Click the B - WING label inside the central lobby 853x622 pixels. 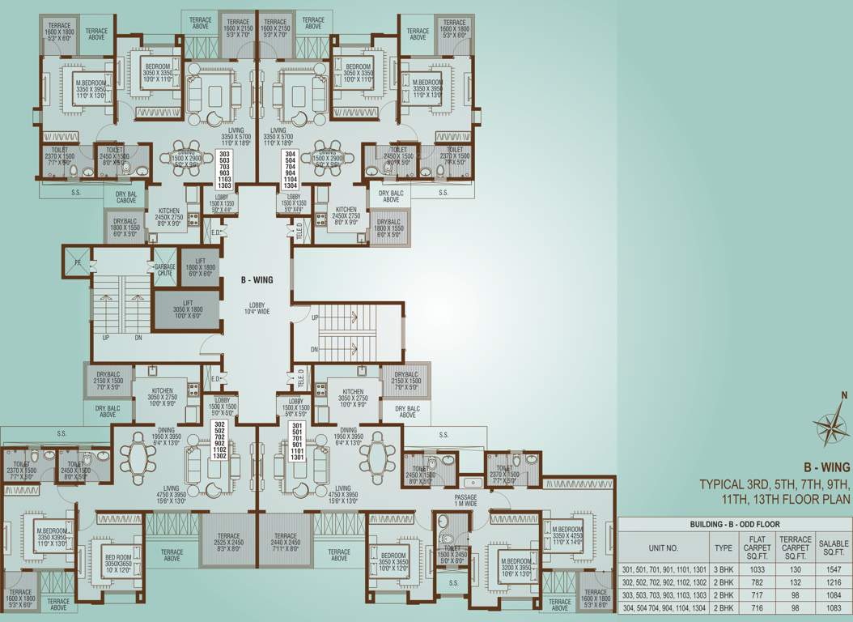pyautogui.click(x=257, y=279)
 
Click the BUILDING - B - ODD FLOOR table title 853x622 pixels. pyautogui.click(x=735, y=525)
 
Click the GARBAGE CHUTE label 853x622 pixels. pyautogui.click(x=165, y=270)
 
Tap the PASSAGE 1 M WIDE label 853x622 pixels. pyautogui.click(x=465, y=501)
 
